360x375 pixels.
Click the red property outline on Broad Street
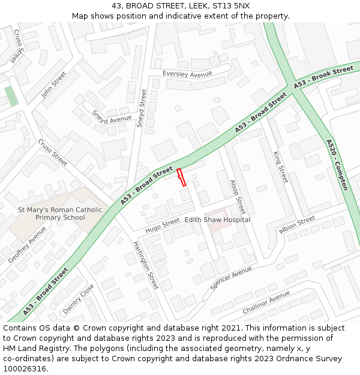181,178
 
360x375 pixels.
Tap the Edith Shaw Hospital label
217,220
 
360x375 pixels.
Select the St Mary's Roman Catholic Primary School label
60,214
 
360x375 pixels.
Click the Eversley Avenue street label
188,74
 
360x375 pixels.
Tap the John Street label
53,85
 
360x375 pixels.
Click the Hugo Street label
162,225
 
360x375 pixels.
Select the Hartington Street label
145,265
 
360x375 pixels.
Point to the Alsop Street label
238,197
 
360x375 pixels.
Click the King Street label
280,167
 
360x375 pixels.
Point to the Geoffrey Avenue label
27,245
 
